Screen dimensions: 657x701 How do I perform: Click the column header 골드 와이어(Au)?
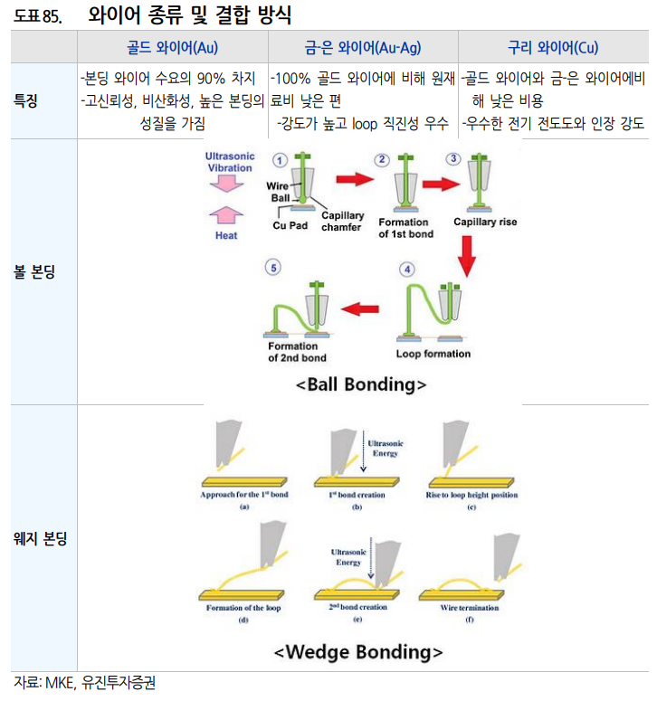[173, 48]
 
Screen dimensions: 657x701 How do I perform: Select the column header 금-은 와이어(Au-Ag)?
[363, 48]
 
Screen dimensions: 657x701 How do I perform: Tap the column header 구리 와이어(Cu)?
[553, 48]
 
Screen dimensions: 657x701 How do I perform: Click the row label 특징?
[28, 100]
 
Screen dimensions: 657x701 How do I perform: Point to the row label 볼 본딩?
[35, 270]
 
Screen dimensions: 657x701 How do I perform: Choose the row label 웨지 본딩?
[35, 538]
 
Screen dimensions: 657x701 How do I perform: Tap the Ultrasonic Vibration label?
[230, 162]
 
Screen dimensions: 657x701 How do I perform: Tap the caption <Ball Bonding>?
[361, 384]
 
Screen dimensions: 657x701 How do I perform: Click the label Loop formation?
[433, 354]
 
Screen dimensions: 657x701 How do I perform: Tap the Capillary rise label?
[485, 222]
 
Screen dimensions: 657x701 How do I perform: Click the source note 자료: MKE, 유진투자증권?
[78, 682]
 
